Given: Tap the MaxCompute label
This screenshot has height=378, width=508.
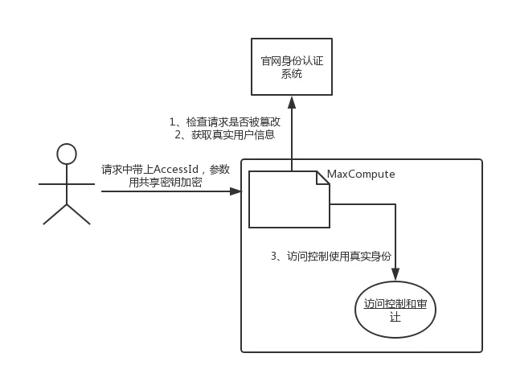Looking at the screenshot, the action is (x=361, y=174).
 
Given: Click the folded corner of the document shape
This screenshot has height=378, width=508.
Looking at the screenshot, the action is (x=323, y=178).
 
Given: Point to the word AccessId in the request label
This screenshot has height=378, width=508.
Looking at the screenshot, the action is (x=175, y=169).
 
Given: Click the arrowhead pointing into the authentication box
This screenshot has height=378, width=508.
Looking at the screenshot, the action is (x=292, y=102).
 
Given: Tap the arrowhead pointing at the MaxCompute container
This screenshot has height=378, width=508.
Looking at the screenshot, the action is (x=236, y=191).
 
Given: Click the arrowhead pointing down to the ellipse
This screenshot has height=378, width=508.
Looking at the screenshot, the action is (x=395, y=274).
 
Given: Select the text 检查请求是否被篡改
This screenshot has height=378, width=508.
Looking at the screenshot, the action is (x=233, y=122).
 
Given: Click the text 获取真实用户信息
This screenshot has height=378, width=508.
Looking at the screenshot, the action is (x=233, y=134).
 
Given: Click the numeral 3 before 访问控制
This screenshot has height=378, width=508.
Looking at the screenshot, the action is (x=274, y=256).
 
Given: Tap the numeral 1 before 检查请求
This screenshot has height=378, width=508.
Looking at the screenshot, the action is (x=172, y=122).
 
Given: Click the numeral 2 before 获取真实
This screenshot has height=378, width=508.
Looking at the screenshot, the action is (x=178, y=134).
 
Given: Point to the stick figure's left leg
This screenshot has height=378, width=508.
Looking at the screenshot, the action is (x=55, y=214).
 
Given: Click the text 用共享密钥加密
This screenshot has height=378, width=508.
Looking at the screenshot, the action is (x=166, y=183).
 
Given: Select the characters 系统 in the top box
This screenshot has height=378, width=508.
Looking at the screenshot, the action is (x=292, y=74).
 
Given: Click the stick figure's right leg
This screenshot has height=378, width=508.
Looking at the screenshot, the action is (x=79, y=214).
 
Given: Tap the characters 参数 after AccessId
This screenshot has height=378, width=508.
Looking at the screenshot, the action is (x=219, y=169).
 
